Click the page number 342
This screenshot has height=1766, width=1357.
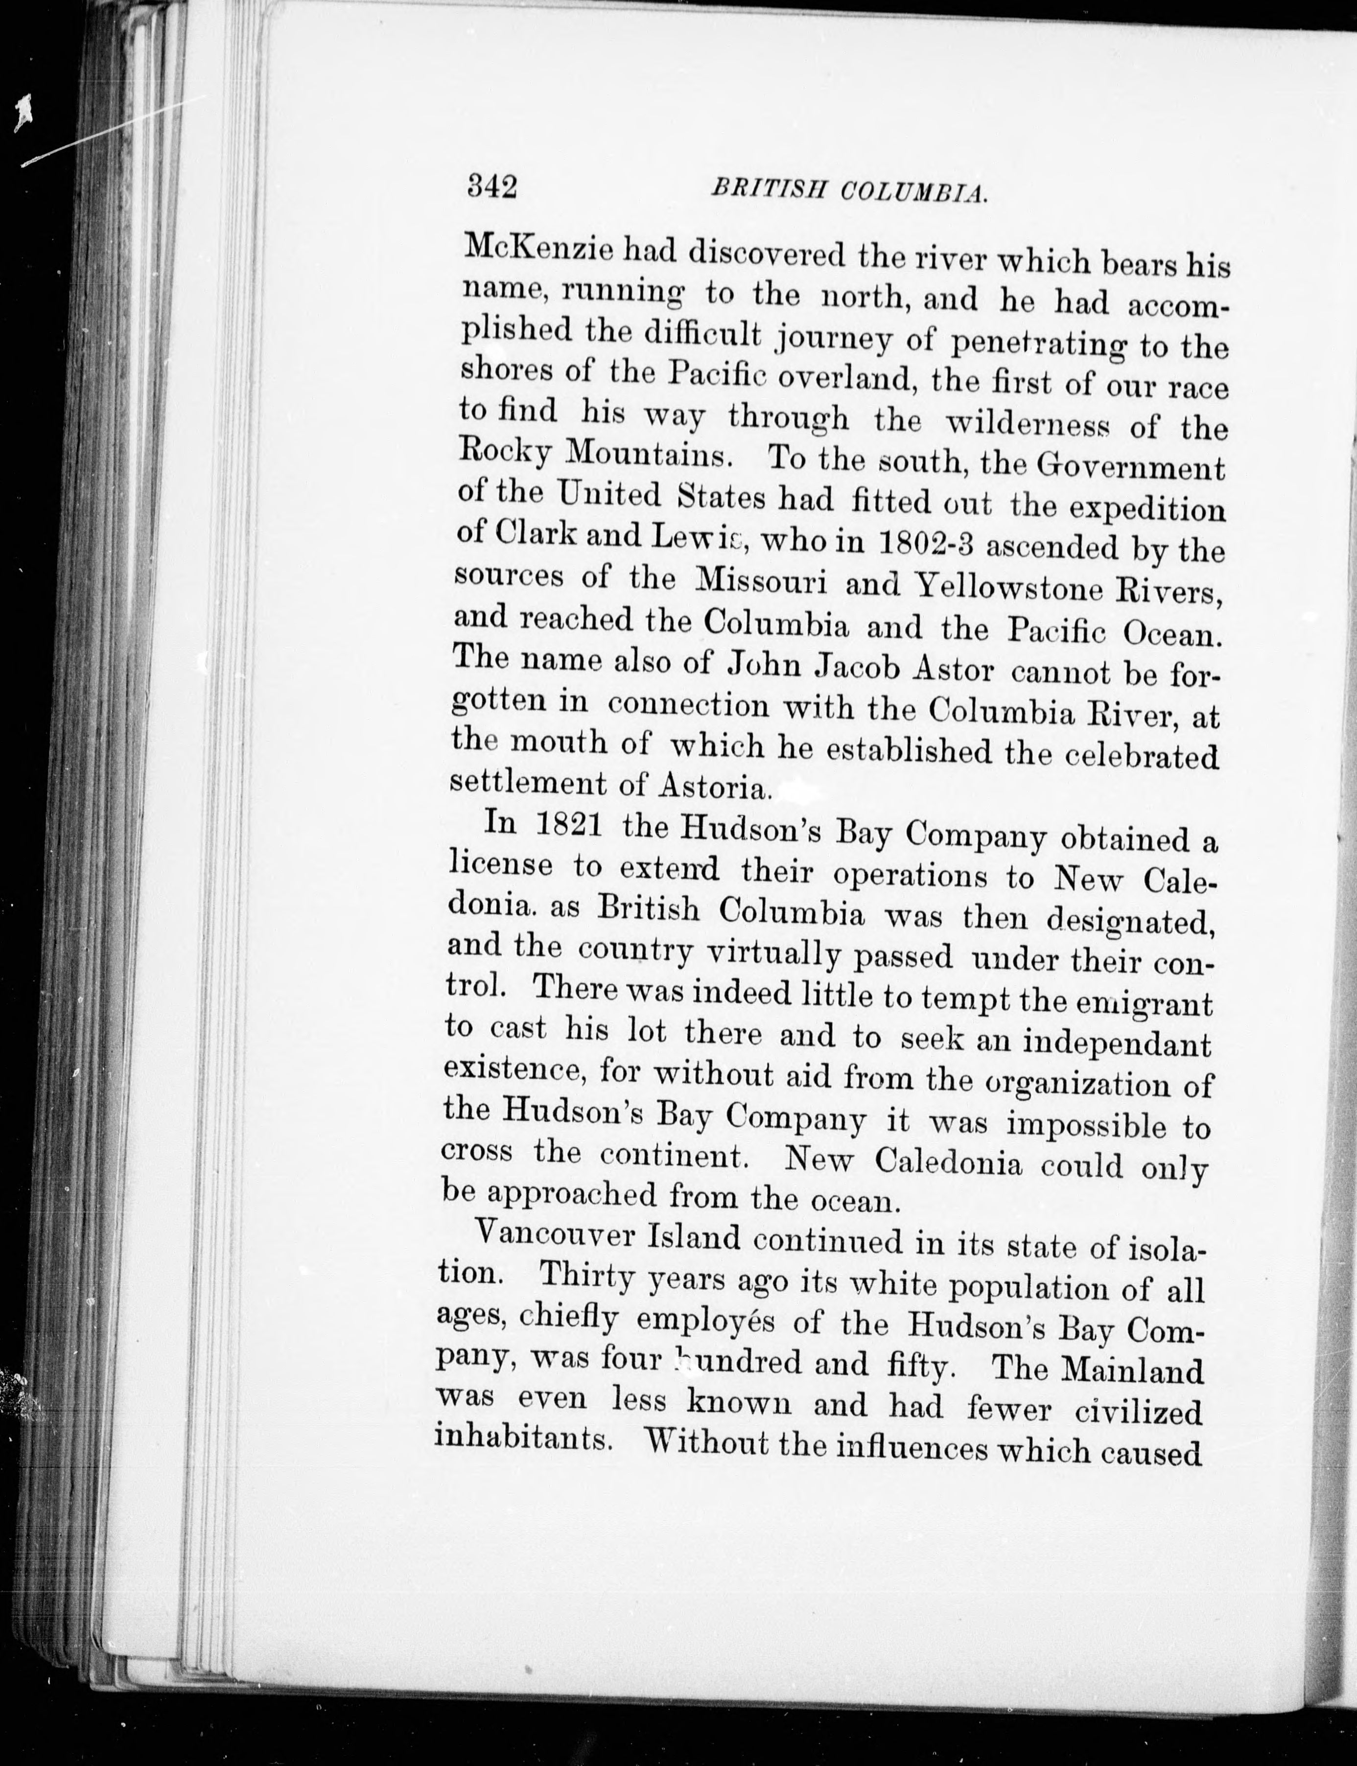[x=492, y=187]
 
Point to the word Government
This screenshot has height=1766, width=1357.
[x=1131, y=469]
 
